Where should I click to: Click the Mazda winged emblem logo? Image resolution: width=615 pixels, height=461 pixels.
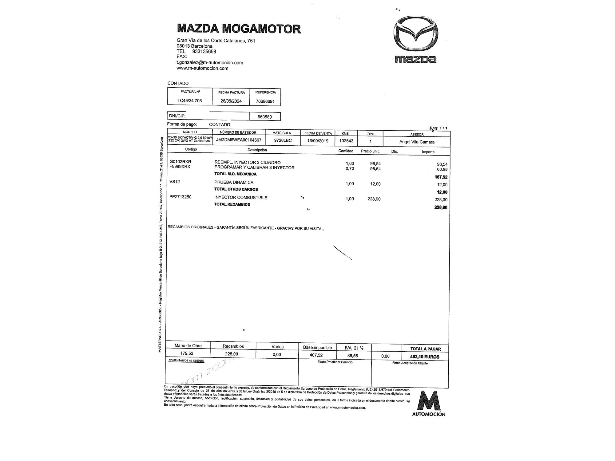click(x=415, y=33)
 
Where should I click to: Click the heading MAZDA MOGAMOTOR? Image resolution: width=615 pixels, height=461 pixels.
click(x=239, y=29)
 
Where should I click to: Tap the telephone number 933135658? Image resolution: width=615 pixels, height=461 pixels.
click(x=204, y=52)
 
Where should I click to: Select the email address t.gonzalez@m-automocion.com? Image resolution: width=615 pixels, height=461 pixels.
click(x=210, y=63)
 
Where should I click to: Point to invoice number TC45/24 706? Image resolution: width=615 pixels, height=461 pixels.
click(x=189, y=100)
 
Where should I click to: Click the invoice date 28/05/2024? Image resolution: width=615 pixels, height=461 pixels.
click(x=231, y=101)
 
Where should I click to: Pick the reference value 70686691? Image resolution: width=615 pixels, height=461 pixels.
click(x=265, y=101)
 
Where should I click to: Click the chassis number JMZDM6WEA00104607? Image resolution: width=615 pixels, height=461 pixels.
click(x=239, y=140)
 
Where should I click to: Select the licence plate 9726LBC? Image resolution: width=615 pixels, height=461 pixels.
click(x=283, y=140)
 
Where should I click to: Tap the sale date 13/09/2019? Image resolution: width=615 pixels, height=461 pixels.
click(x=318, y=141)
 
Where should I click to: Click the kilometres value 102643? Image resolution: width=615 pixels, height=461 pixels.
click(x=346, y=141)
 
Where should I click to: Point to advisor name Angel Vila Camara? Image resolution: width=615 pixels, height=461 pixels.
click(x=417, y=142)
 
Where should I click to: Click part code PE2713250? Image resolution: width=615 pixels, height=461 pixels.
click(x=180, y=197)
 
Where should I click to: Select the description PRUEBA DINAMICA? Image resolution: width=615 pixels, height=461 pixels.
click(x=234, y=182)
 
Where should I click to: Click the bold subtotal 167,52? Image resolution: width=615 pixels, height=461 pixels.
click(x=441, y=177)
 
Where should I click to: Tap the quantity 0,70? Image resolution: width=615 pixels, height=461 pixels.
click(x=350, y=168)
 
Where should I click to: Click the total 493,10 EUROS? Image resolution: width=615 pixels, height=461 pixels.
click(x=425, y=357)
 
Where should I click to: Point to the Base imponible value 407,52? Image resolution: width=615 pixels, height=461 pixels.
click(x=316, y=355)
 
